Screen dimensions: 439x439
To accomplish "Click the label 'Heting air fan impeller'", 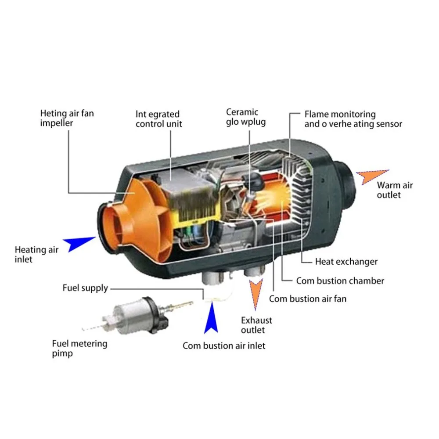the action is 67,118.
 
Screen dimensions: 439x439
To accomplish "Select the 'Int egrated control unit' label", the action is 159,119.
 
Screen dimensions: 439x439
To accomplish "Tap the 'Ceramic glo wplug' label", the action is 246,117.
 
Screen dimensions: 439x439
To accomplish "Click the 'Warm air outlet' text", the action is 395,190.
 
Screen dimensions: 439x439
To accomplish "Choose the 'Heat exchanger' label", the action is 346,262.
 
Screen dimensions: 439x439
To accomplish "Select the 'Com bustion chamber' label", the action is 340,281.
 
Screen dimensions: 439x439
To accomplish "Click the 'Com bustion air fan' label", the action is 308,299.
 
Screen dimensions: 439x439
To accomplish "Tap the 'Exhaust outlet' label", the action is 256,325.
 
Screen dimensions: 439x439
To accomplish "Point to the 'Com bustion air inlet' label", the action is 224,345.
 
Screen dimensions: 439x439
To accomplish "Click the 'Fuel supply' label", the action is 85,288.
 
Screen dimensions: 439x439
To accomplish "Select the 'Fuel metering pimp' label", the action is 79,348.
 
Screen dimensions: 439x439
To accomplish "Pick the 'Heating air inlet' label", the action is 36,254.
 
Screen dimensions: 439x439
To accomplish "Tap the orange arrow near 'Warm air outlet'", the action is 371,176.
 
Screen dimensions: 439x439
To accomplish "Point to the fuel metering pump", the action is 137,316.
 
